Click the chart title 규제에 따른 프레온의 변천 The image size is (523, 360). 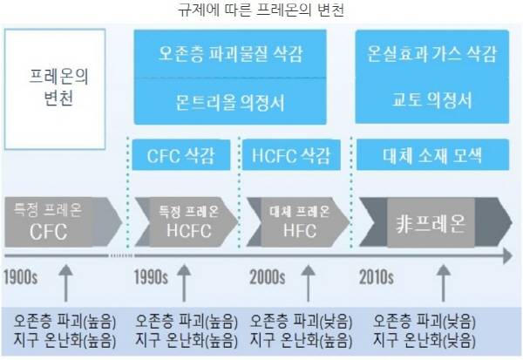click(x=261, y=10)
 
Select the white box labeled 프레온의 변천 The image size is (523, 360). click(x=55, y=89)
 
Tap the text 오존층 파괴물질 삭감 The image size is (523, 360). click(x=230, y=53)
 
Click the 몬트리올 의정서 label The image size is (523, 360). click(x=230, y=102)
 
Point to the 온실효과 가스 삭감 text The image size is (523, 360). click(x=432, y=53)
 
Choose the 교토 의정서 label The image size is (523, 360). click(x=432, y=99)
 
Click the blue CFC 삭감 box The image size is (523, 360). click(x=181, y=155)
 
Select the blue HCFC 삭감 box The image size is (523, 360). click(x=291, y=155)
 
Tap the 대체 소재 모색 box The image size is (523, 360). click(x=432, y=155)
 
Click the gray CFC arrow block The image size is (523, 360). click(x=64, y=222)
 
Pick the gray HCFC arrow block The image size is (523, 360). click(x=187, y=222)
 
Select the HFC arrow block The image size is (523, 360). click(x=298, y=222)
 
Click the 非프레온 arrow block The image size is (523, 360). click(x=435, y=222)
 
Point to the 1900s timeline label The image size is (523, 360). click(x=21, y=277)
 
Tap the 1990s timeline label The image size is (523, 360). click(x=151, y=277)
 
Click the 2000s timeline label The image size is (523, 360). click(x=268, y=277)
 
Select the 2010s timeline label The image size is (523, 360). click(x=377, y=277)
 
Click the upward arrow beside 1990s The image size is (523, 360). click(x=184, y=283)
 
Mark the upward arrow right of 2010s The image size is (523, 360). click(x=444, y=283)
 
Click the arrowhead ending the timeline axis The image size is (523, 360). click(x=507, y=256)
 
